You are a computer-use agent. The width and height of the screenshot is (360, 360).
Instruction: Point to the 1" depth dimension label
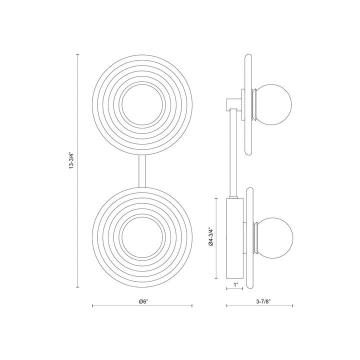[235, 285]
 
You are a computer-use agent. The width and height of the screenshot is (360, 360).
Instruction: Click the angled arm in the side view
[232, 155]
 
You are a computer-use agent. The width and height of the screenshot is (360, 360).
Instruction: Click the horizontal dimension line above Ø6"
[142, 305]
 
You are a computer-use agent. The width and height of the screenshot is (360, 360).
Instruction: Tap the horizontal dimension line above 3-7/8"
[260, 305]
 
